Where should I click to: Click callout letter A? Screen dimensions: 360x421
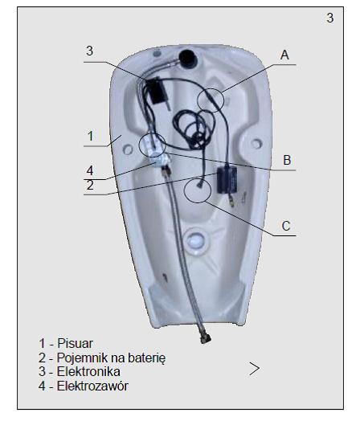[x=284, y=55]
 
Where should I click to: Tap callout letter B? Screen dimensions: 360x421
[x=287, y=160]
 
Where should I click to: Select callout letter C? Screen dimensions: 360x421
[x=286, y=226]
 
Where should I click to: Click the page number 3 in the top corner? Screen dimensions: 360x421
[x=330, y=18]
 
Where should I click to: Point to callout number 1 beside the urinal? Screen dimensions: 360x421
[x=91, y=136]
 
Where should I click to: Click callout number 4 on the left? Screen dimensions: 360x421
[x=90, y=170]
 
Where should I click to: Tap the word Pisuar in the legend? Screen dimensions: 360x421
[x=76, y=343]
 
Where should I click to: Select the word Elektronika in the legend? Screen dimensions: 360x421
[x=88, y=372]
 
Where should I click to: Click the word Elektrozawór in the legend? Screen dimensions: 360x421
[x=92, y=386]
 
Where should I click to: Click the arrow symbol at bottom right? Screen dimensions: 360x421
[x=255, y=368]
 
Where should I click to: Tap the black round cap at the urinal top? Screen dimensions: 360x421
[x=188, y=58]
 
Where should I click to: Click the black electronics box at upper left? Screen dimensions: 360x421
[x=156, y=91]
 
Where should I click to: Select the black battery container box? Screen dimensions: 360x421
[x=227, y=180]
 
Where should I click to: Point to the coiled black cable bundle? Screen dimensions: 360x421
[x=194, y=129]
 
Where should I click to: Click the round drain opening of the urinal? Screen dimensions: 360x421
[x=196, y=239]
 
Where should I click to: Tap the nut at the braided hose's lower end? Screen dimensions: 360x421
[x=206, y=338]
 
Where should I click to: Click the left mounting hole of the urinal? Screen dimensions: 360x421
[x=128, y=149]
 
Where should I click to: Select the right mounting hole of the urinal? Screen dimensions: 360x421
[x=256, y=144]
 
